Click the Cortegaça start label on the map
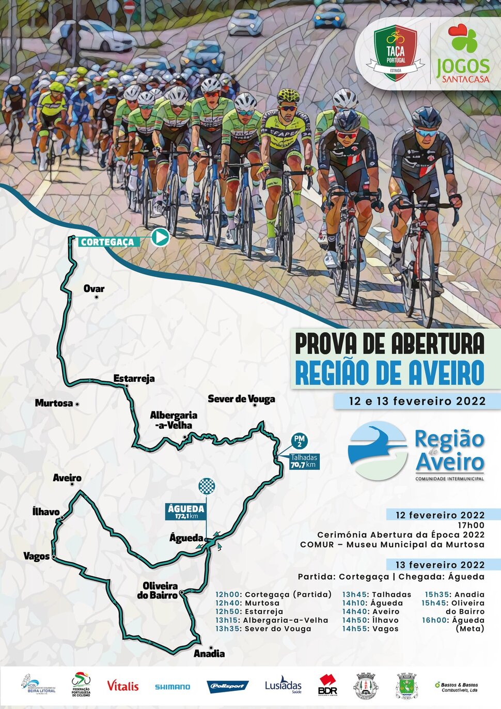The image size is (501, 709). tap(107, 242)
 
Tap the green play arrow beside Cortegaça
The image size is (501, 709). tap(160, 237)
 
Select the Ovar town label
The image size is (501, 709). tap(94, 289)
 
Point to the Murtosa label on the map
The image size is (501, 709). tap(54, 403)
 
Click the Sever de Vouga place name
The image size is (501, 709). tap(241, 399)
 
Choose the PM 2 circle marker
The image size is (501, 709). tap(299, 441)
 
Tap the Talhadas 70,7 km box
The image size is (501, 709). tap(304, 461)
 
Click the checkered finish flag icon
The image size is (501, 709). tap(207, 486)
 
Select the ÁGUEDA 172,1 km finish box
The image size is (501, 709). tap(186, 512)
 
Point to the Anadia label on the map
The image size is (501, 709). tap(209, 654)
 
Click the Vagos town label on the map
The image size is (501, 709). tap(36, 557)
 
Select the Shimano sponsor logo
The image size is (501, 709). tap(173, 687)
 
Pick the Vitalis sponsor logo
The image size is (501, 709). tap(122, 686)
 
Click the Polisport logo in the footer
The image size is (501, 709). tap(228, 686)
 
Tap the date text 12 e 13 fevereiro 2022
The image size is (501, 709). tap(417, 401)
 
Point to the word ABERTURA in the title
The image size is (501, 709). tap(438, 344)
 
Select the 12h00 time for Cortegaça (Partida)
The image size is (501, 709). tap(228, 594)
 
